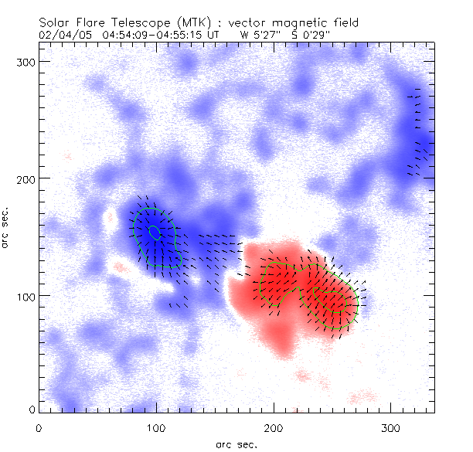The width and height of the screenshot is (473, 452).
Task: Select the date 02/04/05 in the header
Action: pos(61,34)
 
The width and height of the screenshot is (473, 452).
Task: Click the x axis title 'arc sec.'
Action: pos(237,444)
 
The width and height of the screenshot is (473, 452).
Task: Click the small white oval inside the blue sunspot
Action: pos(155,231)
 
